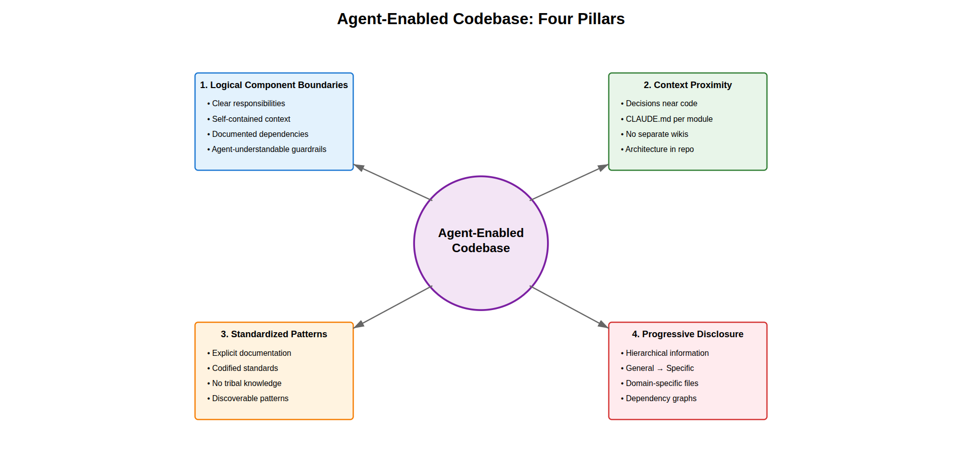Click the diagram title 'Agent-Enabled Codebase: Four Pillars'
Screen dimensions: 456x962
click(480, 19)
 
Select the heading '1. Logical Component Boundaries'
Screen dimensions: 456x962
click(273, 85)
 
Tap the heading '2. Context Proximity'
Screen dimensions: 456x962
click(688, 85)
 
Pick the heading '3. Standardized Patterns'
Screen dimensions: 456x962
click(273, 334)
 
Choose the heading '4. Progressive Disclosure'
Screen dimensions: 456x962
click(688, 334)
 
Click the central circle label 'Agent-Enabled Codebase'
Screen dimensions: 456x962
click(480, 241)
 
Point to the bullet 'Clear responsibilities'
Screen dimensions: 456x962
click(248, 104)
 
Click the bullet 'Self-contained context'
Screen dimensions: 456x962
click(251, 119)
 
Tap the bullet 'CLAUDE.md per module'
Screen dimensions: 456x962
click(669, 119)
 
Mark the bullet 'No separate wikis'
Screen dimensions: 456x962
click(657, 134)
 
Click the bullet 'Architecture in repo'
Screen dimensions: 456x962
click(659, 149)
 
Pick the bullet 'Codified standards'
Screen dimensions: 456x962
click(245, 368)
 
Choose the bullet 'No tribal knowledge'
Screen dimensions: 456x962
click(246, 384)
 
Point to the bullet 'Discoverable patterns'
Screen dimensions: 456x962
click(250, 399)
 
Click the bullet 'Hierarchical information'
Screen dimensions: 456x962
click(667, 353)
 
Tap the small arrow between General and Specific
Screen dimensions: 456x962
click(660, 369)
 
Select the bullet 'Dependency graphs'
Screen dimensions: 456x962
click(661, 399)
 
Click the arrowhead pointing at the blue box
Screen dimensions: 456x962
click(359, 167)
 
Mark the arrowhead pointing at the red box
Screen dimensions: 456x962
click(603, 325)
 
